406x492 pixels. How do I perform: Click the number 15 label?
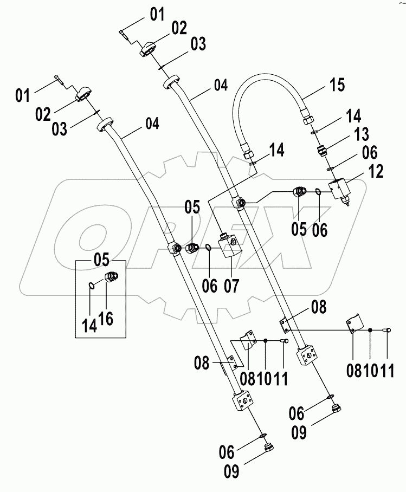tap(336, 86)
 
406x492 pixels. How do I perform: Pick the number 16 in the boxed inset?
tap(106, 319)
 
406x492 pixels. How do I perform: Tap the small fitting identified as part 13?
tap(321, 148)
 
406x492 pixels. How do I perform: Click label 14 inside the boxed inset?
tap(89, 325)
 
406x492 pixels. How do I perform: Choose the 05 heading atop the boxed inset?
tap(101, 259)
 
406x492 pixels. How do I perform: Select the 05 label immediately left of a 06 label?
tap(298, 229)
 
